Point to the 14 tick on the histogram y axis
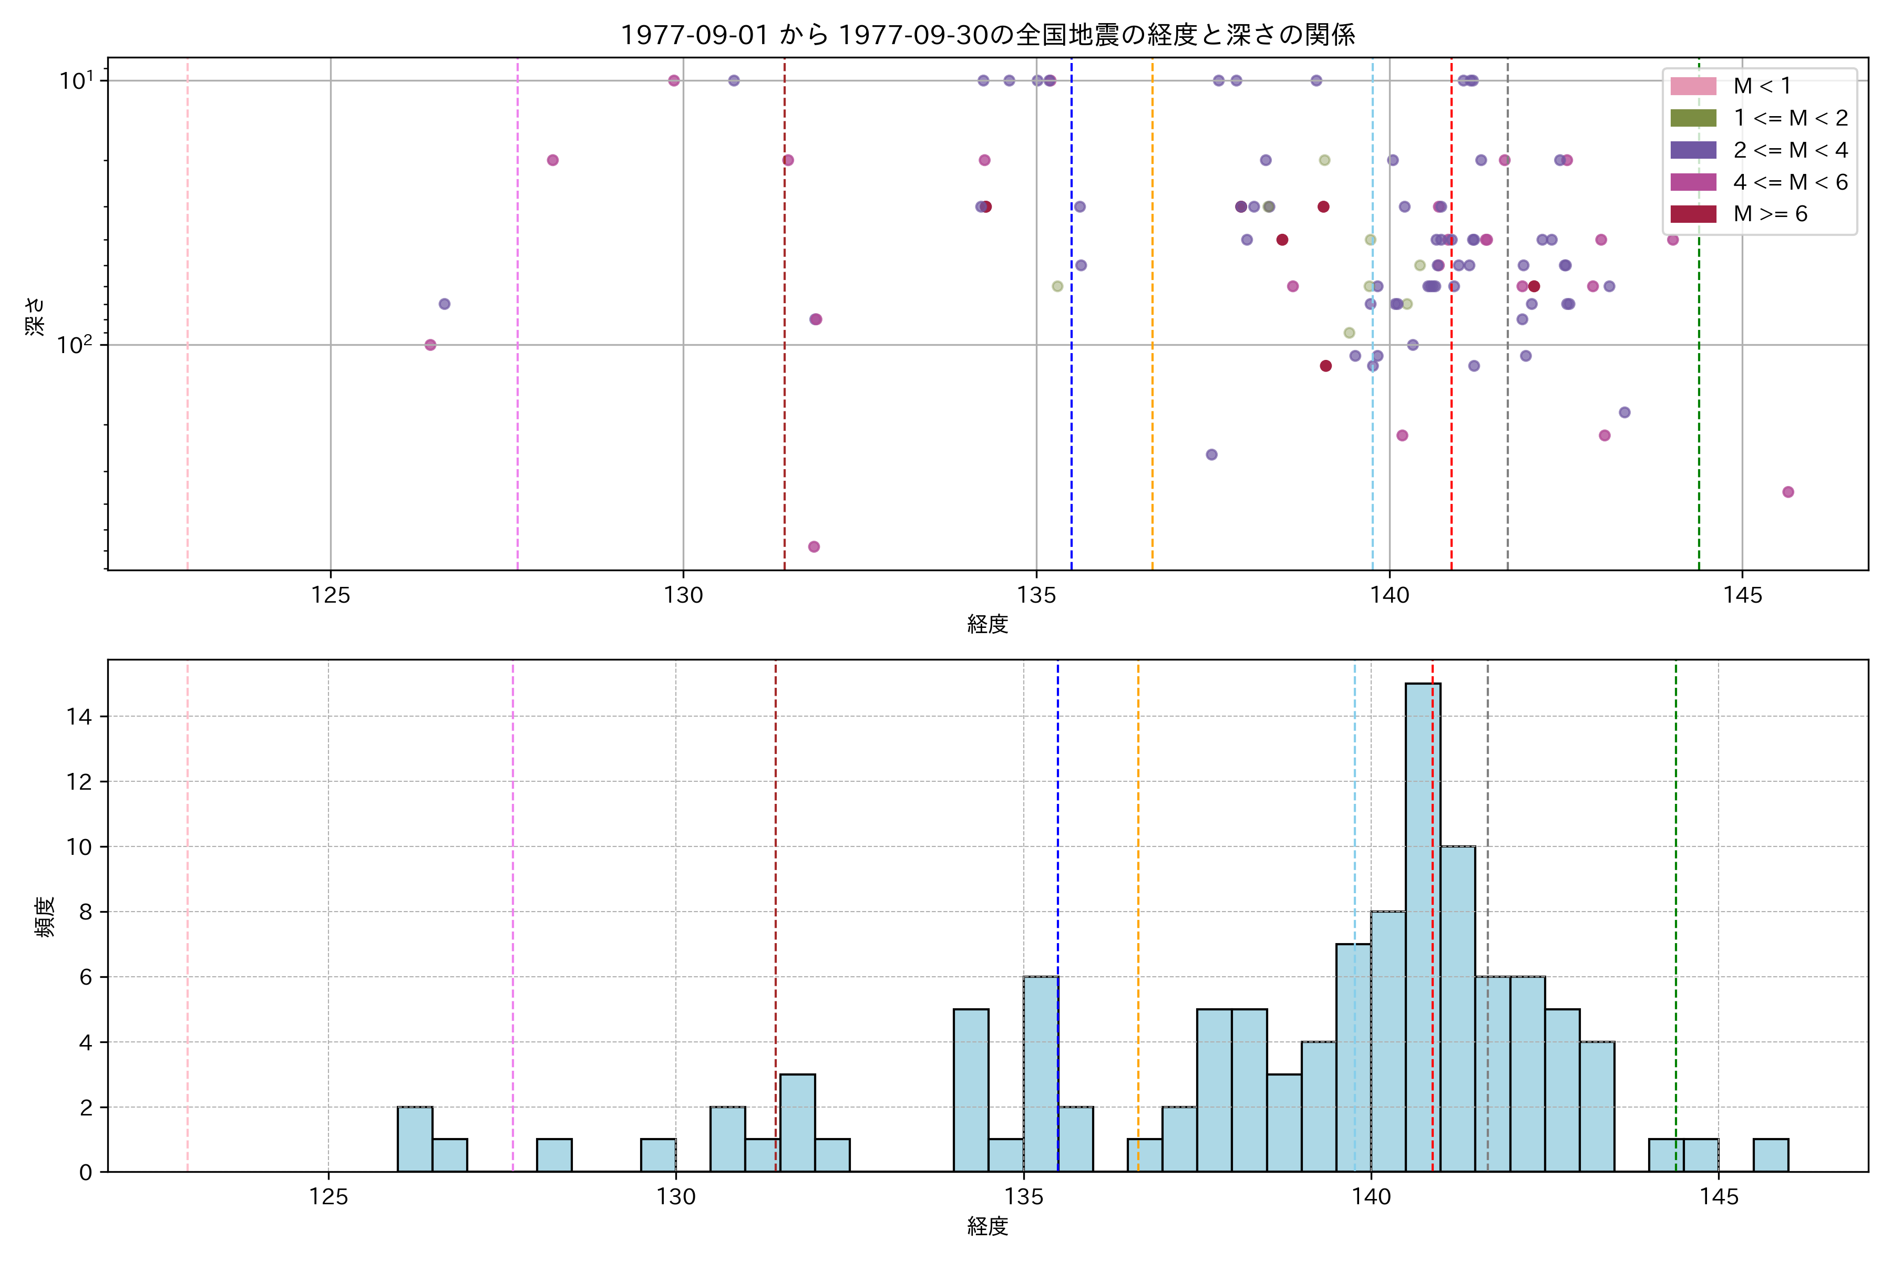80,717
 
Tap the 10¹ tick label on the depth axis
76,80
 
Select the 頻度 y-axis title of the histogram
45,917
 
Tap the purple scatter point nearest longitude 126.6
444,304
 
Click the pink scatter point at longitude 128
553,160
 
